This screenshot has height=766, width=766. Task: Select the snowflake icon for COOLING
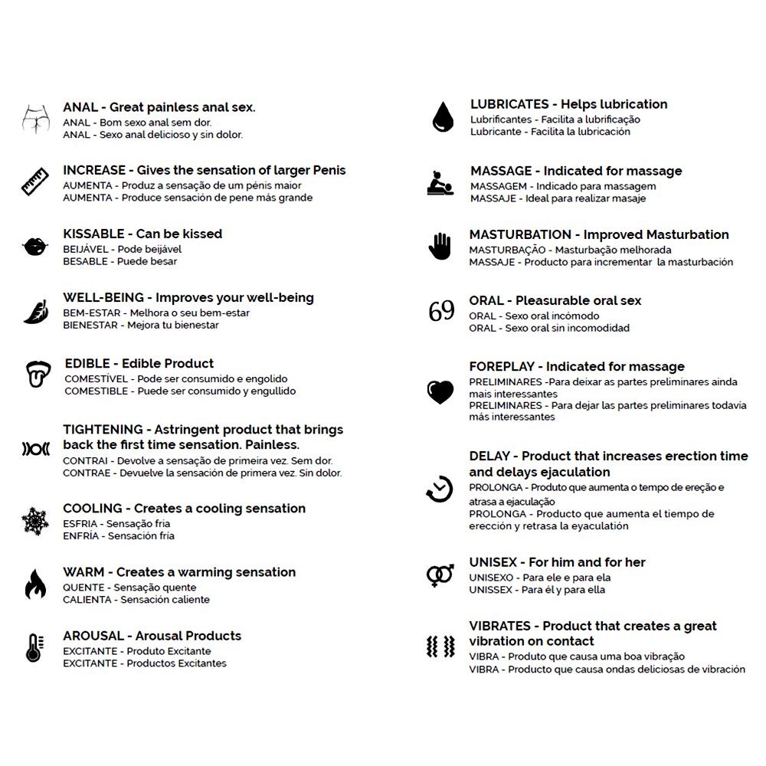click(x=35, y=522)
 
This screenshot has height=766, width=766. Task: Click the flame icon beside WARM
click(x=34, y=584)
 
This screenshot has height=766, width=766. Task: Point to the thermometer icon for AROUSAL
click(x=34, y=648)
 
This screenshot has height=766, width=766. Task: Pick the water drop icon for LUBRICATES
click(x=442, y=117)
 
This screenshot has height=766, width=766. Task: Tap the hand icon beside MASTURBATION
click(x=440, y=247)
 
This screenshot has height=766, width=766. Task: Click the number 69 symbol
click(x=441, y=312)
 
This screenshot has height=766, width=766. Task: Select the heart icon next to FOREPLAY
click(x=440, y=392)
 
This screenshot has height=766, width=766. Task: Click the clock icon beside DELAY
click(x=440, y=489)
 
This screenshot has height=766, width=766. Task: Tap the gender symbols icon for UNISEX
click(x=440, y=574)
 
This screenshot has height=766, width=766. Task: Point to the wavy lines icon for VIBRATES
click(x=440, y=647)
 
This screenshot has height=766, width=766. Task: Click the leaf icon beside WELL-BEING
click(x=34, y=311)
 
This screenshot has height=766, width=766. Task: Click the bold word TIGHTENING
click(x=103, y=430)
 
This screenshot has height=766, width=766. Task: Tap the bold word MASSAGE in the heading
click(x=501, y=171)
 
